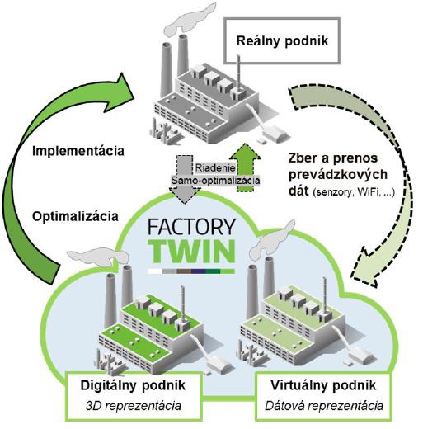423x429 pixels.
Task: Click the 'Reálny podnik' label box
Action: [282, 40]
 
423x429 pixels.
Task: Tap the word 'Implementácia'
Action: [78, 151]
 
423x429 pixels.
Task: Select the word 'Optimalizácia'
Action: [75, 217]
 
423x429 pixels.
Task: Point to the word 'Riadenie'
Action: [215, 167]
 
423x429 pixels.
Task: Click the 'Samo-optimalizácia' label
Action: [215, 181]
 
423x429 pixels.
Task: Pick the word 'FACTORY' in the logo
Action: [191, 227]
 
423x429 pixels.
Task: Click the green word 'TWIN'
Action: [192, 251]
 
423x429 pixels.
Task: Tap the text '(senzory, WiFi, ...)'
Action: [354, 192]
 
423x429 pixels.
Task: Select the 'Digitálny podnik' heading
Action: [133, 385]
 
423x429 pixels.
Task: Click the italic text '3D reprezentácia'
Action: [134, 406]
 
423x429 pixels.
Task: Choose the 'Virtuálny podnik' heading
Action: [323, 385]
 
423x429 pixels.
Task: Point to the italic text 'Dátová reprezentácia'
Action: [324, 406]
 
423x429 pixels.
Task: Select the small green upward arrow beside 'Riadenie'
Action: [245, 167]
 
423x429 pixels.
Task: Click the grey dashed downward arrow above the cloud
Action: [184, 179]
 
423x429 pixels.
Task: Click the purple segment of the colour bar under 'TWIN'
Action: [199, 271]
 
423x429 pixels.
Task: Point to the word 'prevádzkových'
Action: [338, 175]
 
